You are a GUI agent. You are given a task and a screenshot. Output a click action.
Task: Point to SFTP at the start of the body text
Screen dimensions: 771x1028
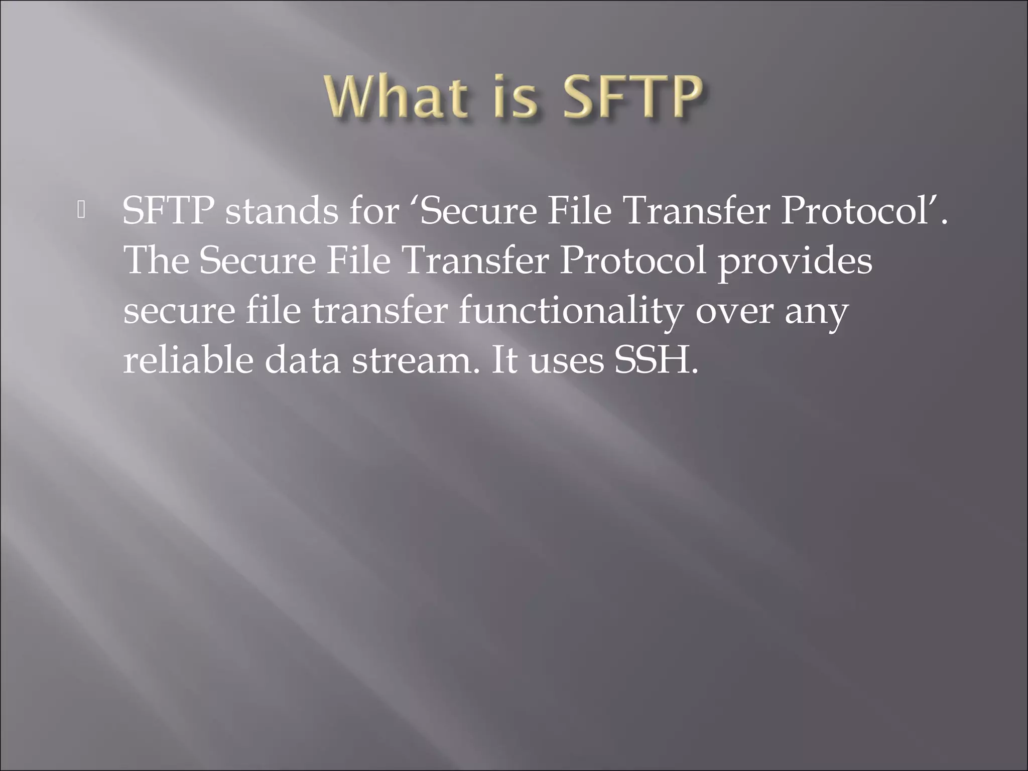pyautogui.click(x=168, y=210)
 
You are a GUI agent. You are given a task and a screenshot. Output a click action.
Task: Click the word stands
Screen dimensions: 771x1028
pyautogui.click(x=282, y=210)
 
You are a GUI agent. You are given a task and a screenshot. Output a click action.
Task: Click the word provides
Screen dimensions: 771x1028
pyautogui.click(x=795, y=261)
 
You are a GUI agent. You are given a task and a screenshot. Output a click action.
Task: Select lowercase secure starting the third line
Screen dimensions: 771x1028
pyautogui.click(x=179, y=311)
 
